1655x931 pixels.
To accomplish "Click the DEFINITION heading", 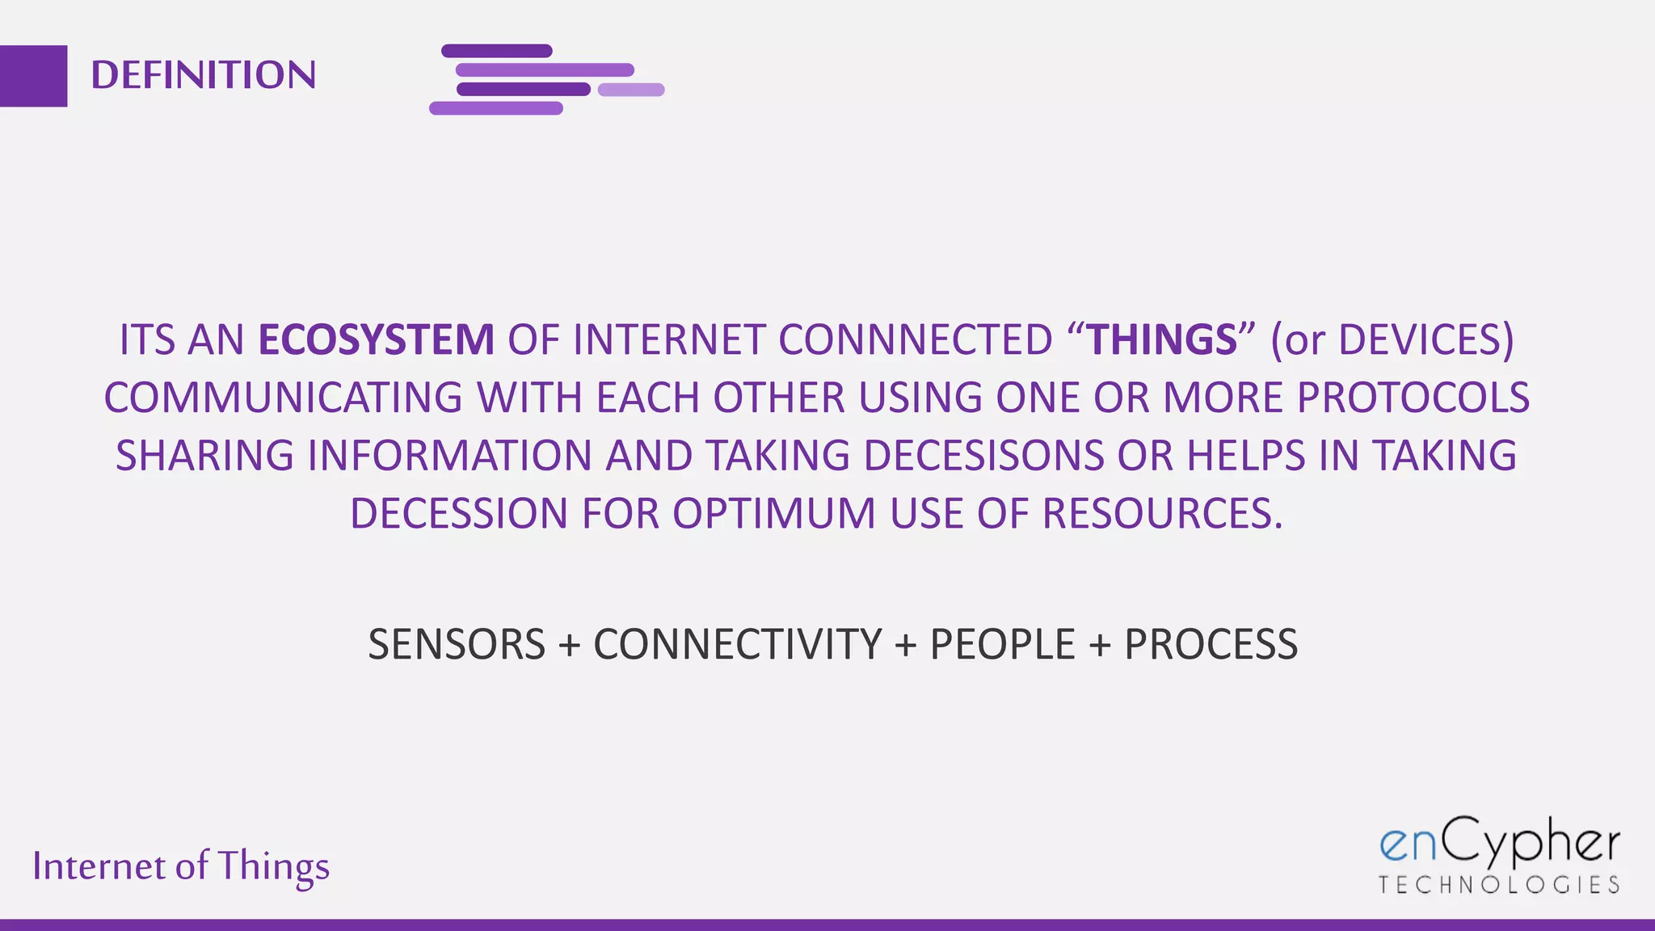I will tap(203, 75).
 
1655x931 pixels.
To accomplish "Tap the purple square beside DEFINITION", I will tap(33, 76).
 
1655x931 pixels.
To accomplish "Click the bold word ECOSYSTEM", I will tap(376, 339).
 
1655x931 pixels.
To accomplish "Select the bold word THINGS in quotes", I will tap(1162, 339).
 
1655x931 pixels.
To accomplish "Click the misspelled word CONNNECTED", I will tap(915, 339).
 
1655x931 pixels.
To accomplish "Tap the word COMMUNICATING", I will tap(283, 398).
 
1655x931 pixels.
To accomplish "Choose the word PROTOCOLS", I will tap(1413, 398).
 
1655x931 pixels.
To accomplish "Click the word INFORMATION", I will tap(450, 456).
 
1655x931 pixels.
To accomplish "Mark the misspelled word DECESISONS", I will tap(983, 456).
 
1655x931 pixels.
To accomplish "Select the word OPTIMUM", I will tap(774, 514).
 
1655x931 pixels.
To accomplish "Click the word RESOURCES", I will tap(1161, 514).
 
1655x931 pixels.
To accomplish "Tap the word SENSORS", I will tap(457, 645).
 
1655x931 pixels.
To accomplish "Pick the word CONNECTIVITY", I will tap(737, 645).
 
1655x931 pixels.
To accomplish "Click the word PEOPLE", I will tap(1002, 645).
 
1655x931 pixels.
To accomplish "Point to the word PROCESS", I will tap(1211, 645).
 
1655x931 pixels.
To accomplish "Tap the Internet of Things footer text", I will tap(181, 866).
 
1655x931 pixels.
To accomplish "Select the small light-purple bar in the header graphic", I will tap(631, 90).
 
